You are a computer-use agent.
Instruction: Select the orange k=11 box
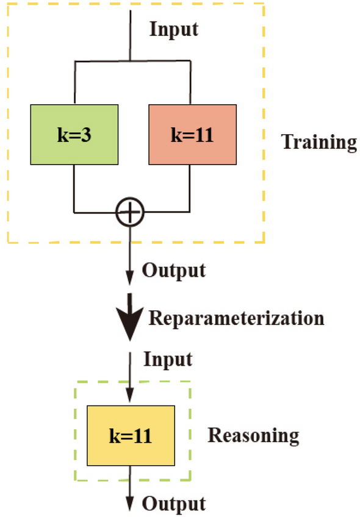(192, 134)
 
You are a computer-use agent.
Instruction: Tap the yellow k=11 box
(131, 435)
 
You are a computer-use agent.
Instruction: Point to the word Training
(319, 142)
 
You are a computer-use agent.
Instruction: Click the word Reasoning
(253, 435)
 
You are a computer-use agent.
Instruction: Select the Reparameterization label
(237, 318)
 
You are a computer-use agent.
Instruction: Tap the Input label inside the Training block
(174, 29)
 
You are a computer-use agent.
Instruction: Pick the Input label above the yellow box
(168, 359)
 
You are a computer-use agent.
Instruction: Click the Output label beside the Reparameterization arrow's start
(174, 270)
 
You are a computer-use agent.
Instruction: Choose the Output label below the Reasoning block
(174, 504)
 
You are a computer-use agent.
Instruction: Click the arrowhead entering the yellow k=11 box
(130, 398)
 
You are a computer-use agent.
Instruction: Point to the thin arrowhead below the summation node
(130, 277)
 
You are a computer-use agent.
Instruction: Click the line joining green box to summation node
(74, 189)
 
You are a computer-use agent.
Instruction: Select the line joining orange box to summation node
(192, 189)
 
